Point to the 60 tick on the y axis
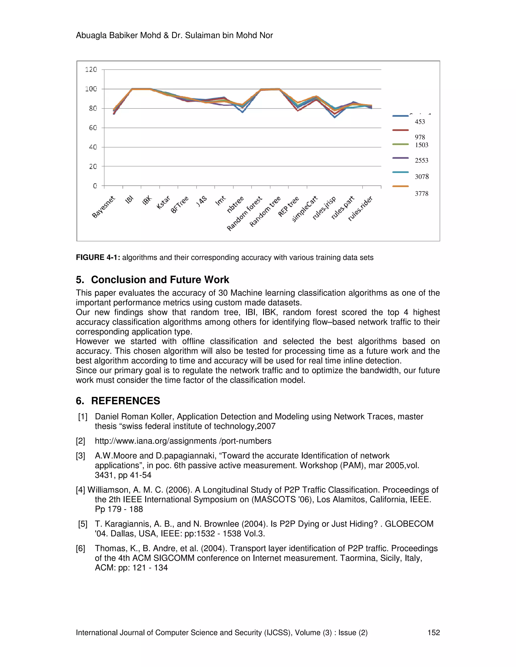pyautogui.click(x=93, y=128)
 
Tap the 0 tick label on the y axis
pyautogui.click(x=95, y=186)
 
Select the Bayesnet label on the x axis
pyautogui.click(x=103, y=207)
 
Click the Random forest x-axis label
pyautogui.click(x=245, y=213)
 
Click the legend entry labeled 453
pyautogui.click(x=420, y=122)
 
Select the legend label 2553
pyautogui.click(x=421, y=160)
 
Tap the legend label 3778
pyautogui.click(x=421, y=193)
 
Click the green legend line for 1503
pyautogui.click(x=400, y=144)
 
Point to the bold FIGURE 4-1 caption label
pyautogui.click(x=98, y=257)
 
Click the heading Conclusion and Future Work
pyautogui.click(x=160, y=279)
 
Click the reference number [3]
pyautogui.click(x=80, y=456)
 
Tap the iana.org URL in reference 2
pyautogui.click(x=183, y=441)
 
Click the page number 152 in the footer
pyautogui.click(x=433, y=633)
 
